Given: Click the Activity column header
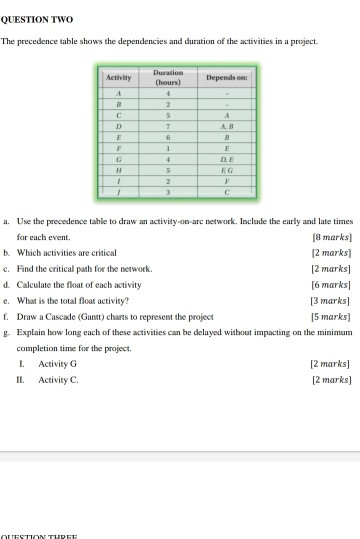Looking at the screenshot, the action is [x=120, y=76].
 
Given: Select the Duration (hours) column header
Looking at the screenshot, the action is [x=170, y=76].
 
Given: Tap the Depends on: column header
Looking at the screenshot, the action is [x=227, y=76].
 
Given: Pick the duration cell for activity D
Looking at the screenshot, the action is [x=170, y=128].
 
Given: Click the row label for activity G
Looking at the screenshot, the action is [x=120, y=160].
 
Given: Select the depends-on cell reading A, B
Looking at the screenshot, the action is [x=227, y=128].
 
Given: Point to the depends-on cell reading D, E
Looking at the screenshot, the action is [x=227, y=160].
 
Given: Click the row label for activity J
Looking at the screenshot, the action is [x=120, y=192].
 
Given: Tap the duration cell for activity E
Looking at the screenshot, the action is [x=170, y=139].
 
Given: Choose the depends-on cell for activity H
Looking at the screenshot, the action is [x=227, y=171].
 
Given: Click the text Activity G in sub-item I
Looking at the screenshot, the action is [x=57, y=364].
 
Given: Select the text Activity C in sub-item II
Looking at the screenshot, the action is [x=57, y=379].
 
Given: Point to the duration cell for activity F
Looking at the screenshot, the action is [x=170, y=149].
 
